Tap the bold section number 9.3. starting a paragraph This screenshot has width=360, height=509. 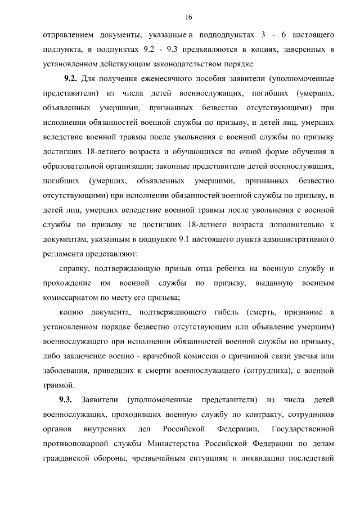[66, 400]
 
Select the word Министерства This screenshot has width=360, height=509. [175, 444]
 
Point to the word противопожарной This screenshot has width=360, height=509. [78, 444]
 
